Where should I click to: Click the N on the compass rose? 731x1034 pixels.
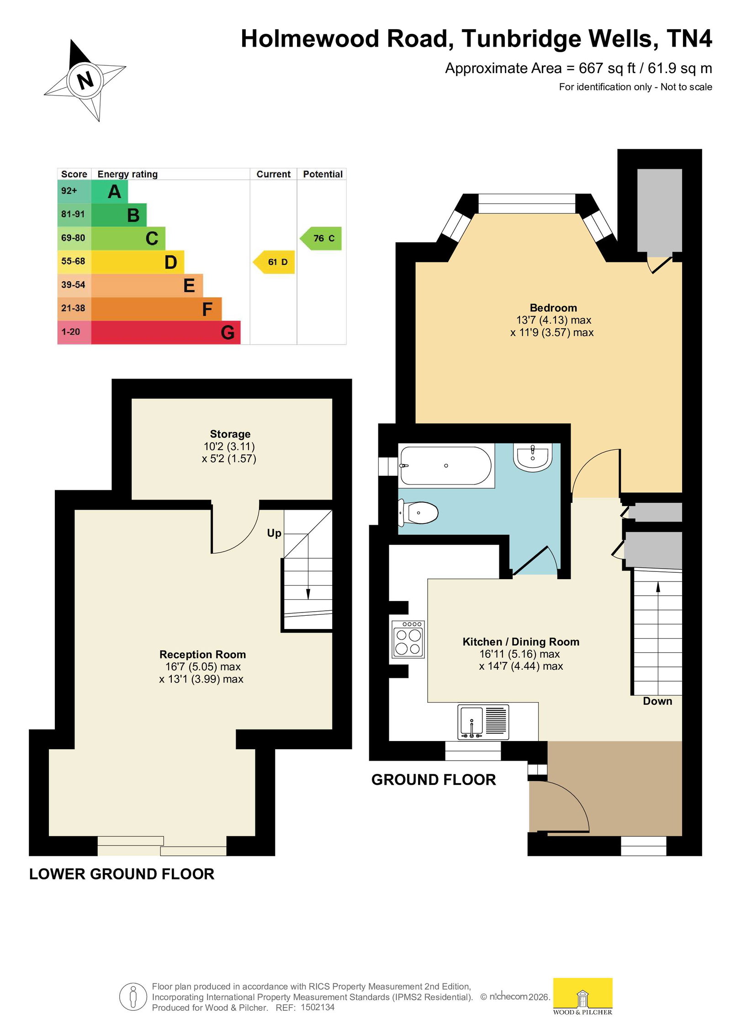pyautogui.click(x=85, y=80)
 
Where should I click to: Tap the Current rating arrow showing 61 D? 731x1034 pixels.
pyautogui.click(x=274, y=262)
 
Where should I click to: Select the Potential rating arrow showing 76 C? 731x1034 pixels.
pyautogui.click(x=321, y=238)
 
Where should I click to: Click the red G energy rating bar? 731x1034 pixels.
pyautogui.click(x=166, y=332)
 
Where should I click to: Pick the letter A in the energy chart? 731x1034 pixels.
pyautogui.click(x=115, y=192)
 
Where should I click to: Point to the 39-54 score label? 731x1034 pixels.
pyautogui.click(x=73, y=285)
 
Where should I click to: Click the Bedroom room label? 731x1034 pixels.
pyautogui.click(x=553, y=308)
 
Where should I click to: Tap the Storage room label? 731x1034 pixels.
pyautogui.click(x=230, y=434)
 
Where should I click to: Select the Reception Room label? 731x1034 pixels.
pyautogui.click(x=202, y=655)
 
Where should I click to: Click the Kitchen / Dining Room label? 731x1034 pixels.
pyautogui.click(x=521, y=642)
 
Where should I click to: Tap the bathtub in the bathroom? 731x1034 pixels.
pyautogui.click(x=446, y=465)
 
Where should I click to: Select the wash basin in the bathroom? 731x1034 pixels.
pyautogui.click(x=533, y=456)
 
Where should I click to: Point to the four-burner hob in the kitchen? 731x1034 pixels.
pyautogui.click(x=408, y=639)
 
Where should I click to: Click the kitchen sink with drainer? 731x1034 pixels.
pyautogui.click(x=483, y=722)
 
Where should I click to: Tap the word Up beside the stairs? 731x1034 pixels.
pyautogui.click(x=274, y=533)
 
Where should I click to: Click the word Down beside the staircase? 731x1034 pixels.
pyautogui.click(x=657, y=701)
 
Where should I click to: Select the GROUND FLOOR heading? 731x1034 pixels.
pyautogui.click(x=434, y=780)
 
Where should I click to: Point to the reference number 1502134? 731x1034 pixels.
pyautogui.click(x=318, y=1007)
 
